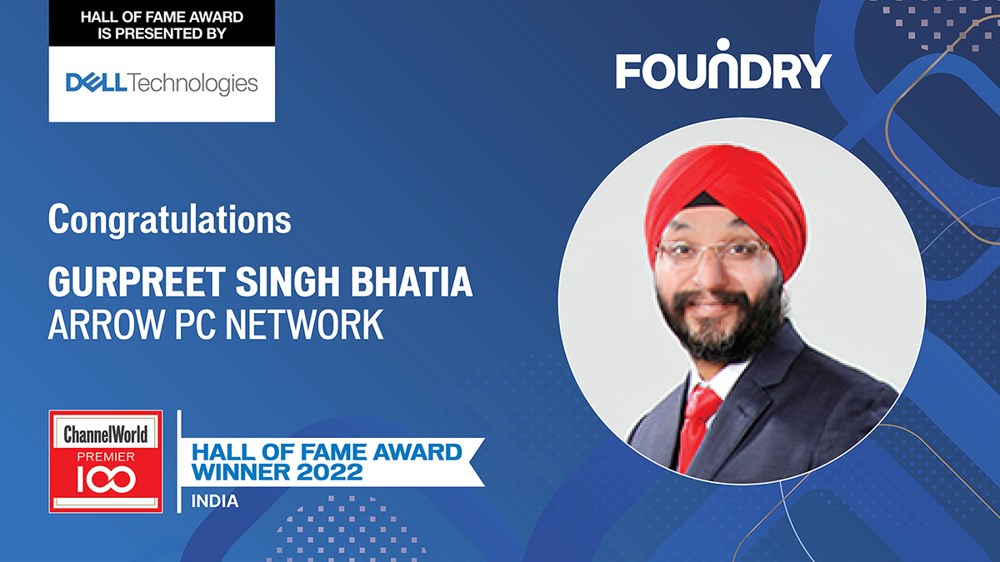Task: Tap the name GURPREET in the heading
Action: click(137, 282)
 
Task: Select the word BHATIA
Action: click(411, 282)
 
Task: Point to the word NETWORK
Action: click(304, 326)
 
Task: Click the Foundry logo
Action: click(723, 64)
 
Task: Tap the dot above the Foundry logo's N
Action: click(722, 44)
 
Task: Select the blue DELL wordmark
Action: click(97, 83)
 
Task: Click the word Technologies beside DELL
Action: click(192, 84)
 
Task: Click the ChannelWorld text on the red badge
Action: click(105, 435)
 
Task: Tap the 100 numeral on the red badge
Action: click(106, 480)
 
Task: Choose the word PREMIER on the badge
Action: click(106, 457)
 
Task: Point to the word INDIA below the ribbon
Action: click(215, 501)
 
